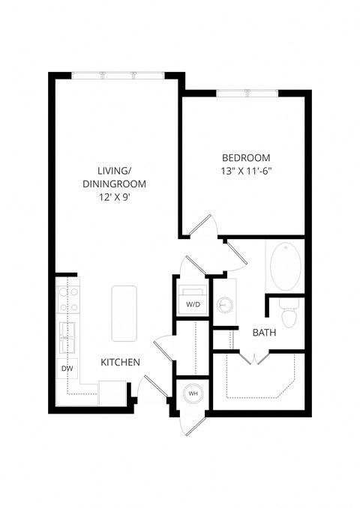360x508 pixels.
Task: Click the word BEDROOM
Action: tap(246, 157)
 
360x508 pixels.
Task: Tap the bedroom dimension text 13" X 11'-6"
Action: tap(246, 170)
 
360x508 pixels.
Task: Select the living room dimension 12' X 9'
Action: tap(115, 197)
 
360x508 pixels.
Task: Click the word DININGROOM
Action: tap(115, 184)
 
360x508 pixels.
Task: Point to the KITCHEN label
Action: tap(121, 363)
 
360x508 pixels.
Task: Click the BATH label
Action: tap(263, 332)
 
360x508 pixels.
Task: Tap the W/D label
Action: tap(193, 305)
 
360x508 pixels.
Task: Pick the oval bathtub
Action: tap(284, 268)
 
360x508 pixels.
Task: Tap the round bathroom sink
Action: tap(224, 304)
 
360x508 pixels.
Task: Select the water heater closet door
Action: tap(190, 424)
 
